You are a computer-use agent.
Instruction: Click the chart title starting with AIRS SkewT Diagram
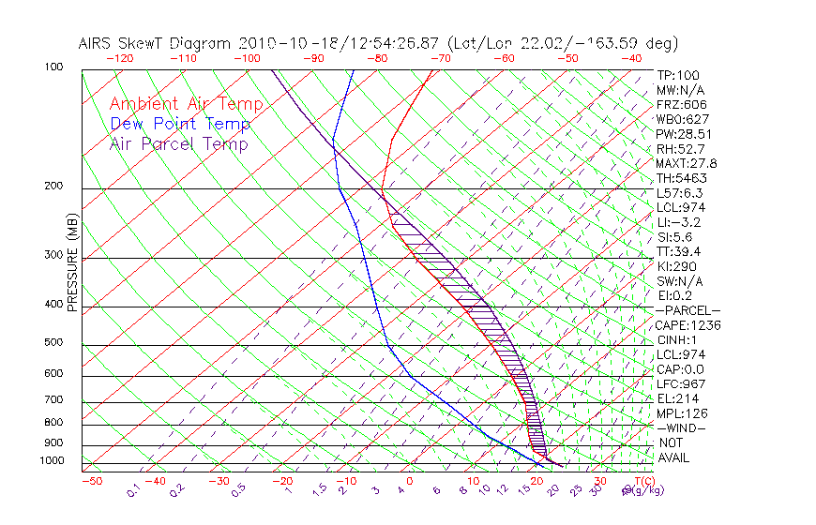[379, 43]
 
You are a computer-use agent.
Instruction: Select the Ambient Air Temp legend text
[186, 104]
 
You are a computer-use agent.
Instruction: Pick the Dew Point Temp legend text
[180, 124]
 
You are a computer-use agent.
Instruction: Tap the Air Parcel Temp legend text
[179, 143]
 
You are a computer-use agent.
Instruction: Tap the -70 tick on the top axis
[440, 58]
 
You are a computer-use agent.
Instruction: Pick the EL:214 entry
[678, 398]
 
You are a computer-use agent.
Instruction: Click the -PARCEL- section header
[688, 310]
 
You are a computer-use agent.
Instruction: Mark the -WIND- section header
[681, 427]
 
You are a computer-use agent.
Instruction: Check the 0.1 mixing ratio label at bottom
[132, 490]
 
